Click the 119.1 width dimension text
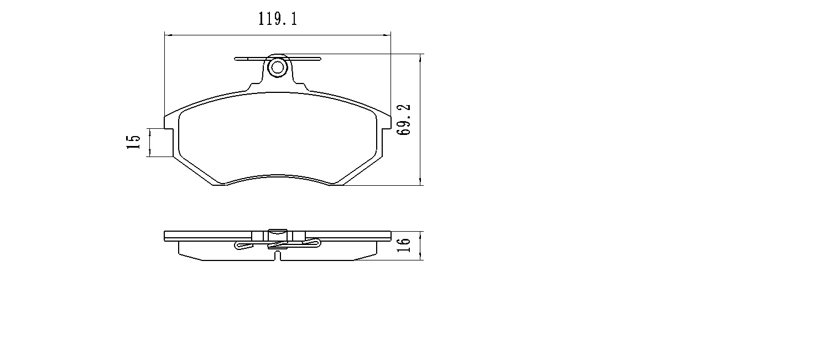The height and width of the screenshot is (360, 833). pos(278,19)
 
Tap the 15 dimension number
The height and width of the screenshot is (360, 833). pos(133,143)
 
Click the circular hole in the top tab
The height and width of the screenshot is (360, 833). pos(276,67)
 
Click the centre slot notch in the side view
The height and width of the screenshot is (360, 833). pos(278,256)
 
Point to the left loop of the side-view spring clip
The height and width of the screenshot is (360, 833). pos(239,246)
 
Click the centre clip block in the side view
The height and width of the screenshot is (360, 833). pos(277,235)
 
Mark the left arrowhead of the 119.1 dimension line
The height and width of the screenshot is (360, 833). pos(167,35)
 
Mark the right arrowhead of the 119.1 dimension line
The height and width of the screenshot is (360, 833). pos(388,35)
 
